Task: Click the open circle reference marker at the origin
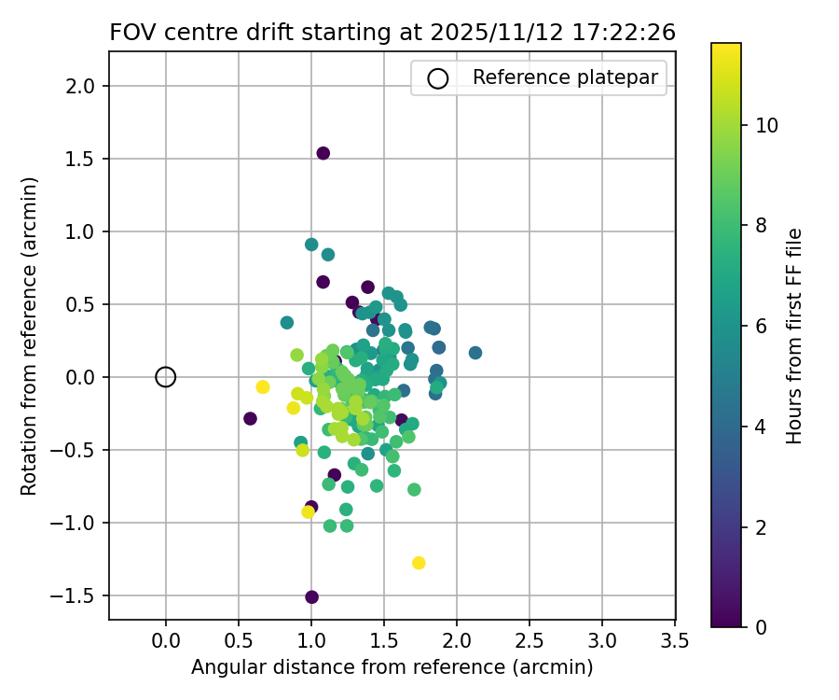(x=166, y=377)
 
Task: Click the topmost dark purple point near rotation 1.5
(x=323, y=153)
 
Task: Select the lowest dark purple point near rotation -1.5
(x=311, y=597)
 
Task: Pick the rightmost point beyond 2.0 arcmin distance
(x=475, y=353)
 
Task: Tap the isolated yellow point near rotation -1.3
(x=419, y=563)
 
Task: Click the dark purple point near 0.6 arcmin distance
(x=250, y=418)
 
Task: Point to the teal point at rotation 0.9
(x=311, y=245)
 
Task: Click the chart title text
(x=392, y=32)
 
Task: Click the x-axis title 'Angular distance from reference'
(x=392, y=668)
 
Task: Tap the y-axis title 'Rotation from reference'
(x=29, y=336)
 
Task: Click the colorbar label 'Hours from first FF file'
(x=794, y=336)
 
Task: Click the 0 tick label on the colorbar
(x=761, y=627)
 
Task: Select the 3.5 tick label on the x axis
(x=675, y=642)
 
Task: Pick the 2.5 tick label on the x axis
(x=530, y=642)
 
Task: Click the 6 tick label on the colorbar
(x=761, y=326)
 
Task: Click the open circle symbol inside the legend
(x=438, y=78)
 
